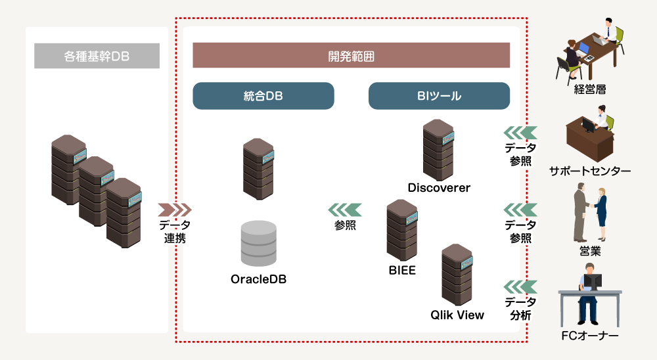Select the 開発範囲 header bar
[x=351, y=55]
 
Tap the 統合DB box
[x=263, y=96]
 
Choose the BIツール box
[x=439, y=96]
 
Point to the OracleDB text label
[x=258, y=279]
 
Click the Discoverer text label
[x=439, y=188]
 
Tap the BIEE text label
[x=402, y=270]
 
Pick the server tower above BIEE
[x=402, y=230]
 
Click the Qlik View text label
[x=457, y=315]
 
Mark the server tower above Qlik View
[x=457, y=273]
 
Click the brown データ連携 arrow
[x=175, y=210]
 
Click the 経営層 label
[x=589, y=89]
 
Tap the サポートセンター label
[x=590, y=171]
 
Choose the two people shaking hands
[x=589, y=212]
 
